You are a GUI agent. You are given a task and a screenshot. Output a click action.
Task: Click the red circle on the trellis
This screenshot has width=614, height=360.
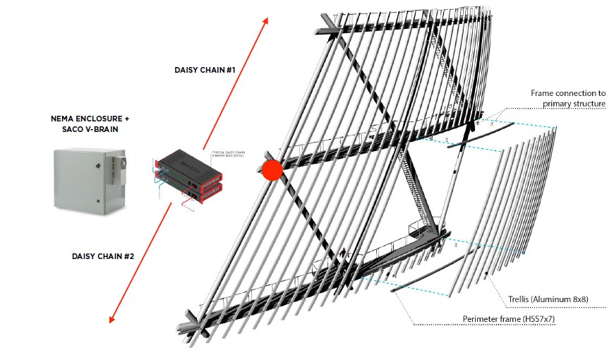tap(272, 169)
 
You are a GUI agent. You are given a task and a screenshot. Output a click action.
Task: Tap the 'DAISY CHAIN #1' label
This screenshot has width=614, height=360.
tap(205, 70)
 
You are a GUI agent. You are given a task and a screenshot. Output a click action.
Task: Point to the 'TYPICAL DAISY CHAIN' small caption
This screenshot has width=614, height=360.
tap(228, 152)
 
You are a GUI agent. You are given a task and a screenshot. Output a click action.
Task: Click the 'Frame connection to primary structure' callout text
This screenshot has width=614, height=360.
tap(568, 98)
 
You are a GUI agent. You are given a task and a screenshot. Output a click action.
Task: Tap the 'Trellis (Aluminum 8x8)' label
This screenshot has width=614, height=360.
tap(548, 299)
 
